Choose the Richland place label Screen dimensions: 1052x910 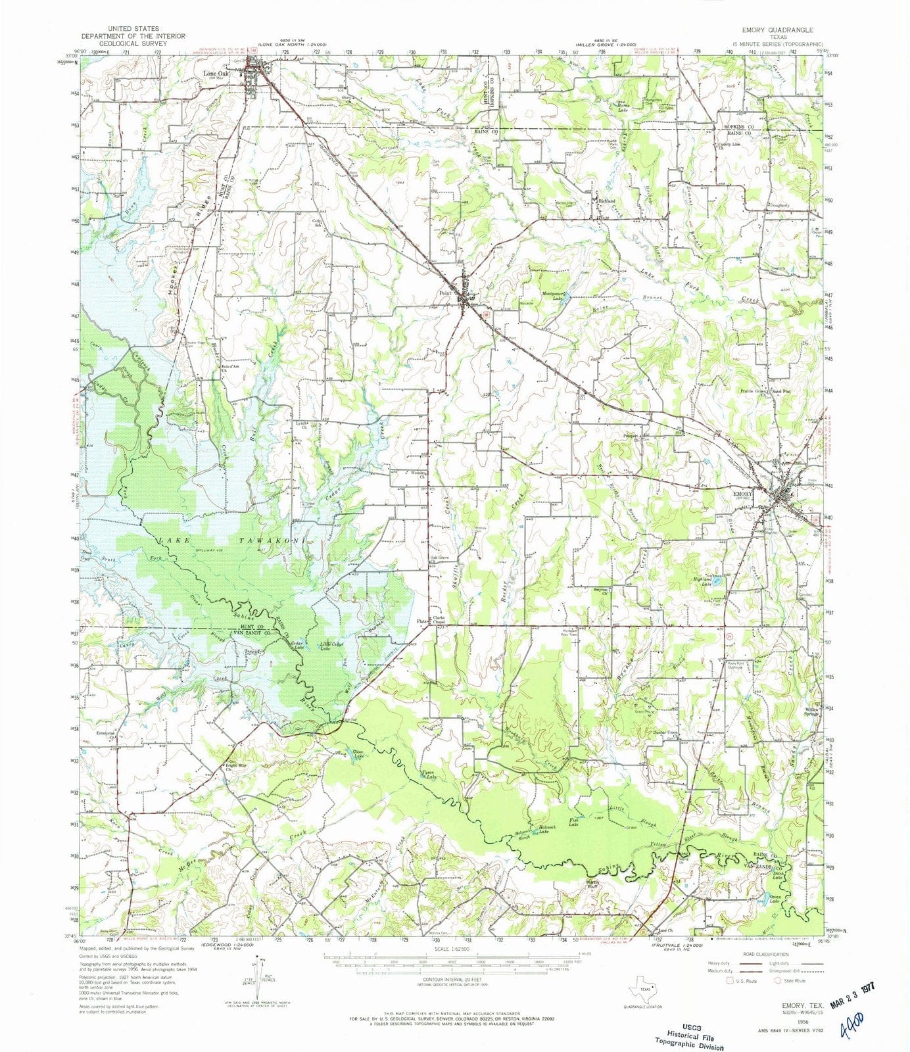[x=606, y=201]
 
